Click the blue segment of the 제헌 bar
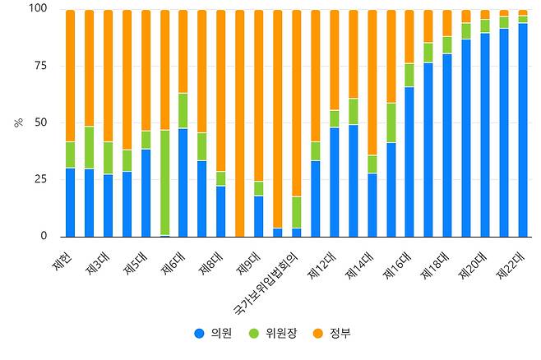[x=70, y=202]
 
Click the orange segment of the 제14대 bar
[x=372, y=82]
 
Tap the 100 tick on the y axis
[x=38, y=9]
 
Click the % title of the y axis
[x=17, y=122]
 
